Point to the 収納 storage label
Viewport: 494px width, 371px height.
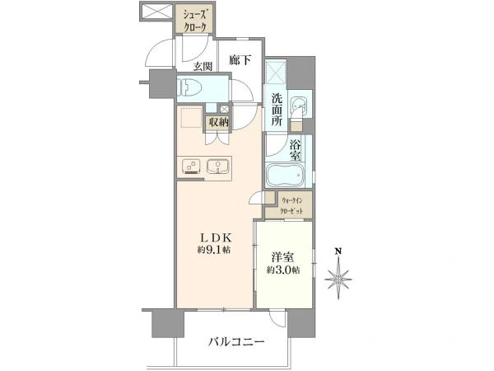click(219, 122)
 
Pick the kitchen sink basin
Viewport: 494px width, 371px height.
click(218, 166)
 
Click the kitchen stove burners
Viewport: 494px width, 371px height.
click(191, 166)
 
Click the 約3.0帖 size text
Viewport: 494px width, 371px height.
click(282, 270)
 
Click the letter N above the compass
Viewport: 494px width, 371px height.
click(336, 251)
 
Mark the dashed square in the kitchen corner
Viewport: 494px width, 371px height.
click(191, 120)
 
